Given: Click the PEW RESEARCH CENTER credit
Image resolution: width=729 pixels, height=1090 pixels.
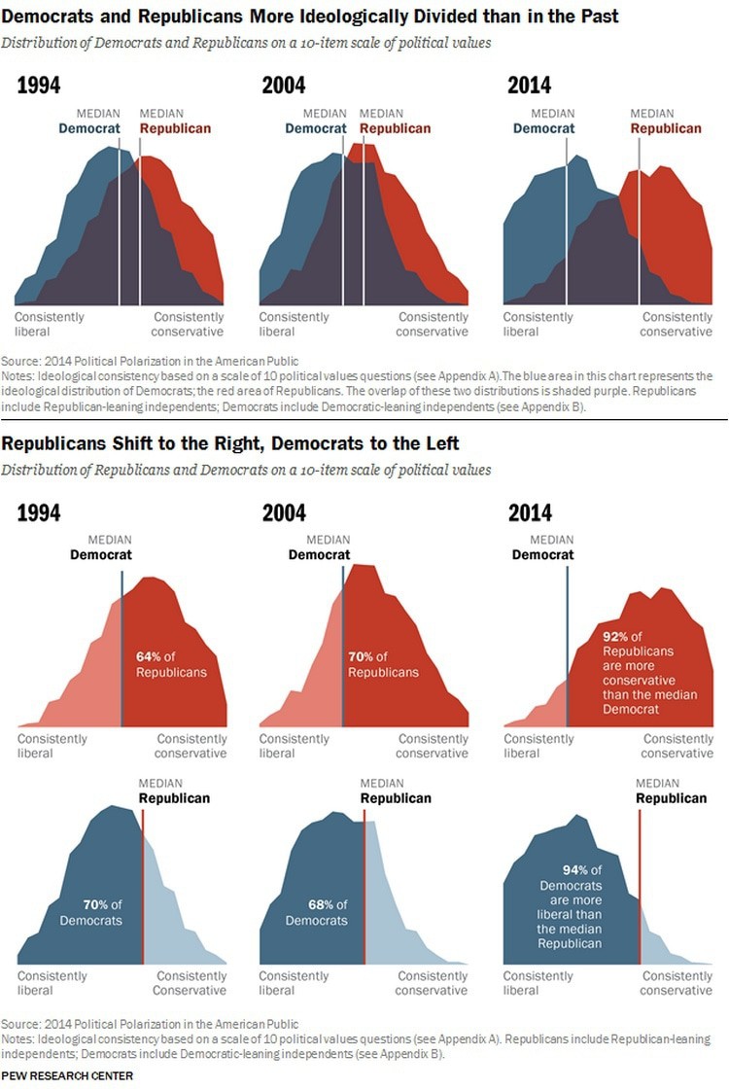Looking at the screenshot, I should click(x=67, y=1075).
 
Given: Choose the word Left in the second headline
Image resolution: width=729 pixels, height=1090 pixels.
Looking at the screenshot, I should click(x=439, y=444).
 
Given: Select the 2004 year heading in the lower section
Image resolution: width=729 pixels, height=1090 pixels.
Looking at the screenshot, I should click(x=284, y=512).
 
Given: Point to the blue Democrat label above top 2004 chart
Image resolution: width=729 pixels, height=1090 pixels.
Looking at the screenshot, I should click(x=316, y=128).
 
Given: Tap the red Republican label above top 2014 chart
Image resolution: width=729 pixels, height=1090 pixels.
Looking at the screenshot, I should click(x=666, y=128).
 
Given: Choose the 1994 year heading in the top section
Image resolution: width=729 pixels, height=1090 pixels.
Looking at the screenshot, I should click(x=39, y=86).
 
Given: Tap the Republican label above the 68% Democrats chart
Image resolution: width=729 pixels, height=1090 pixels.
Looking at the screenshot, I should click(x=396, y=798).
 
